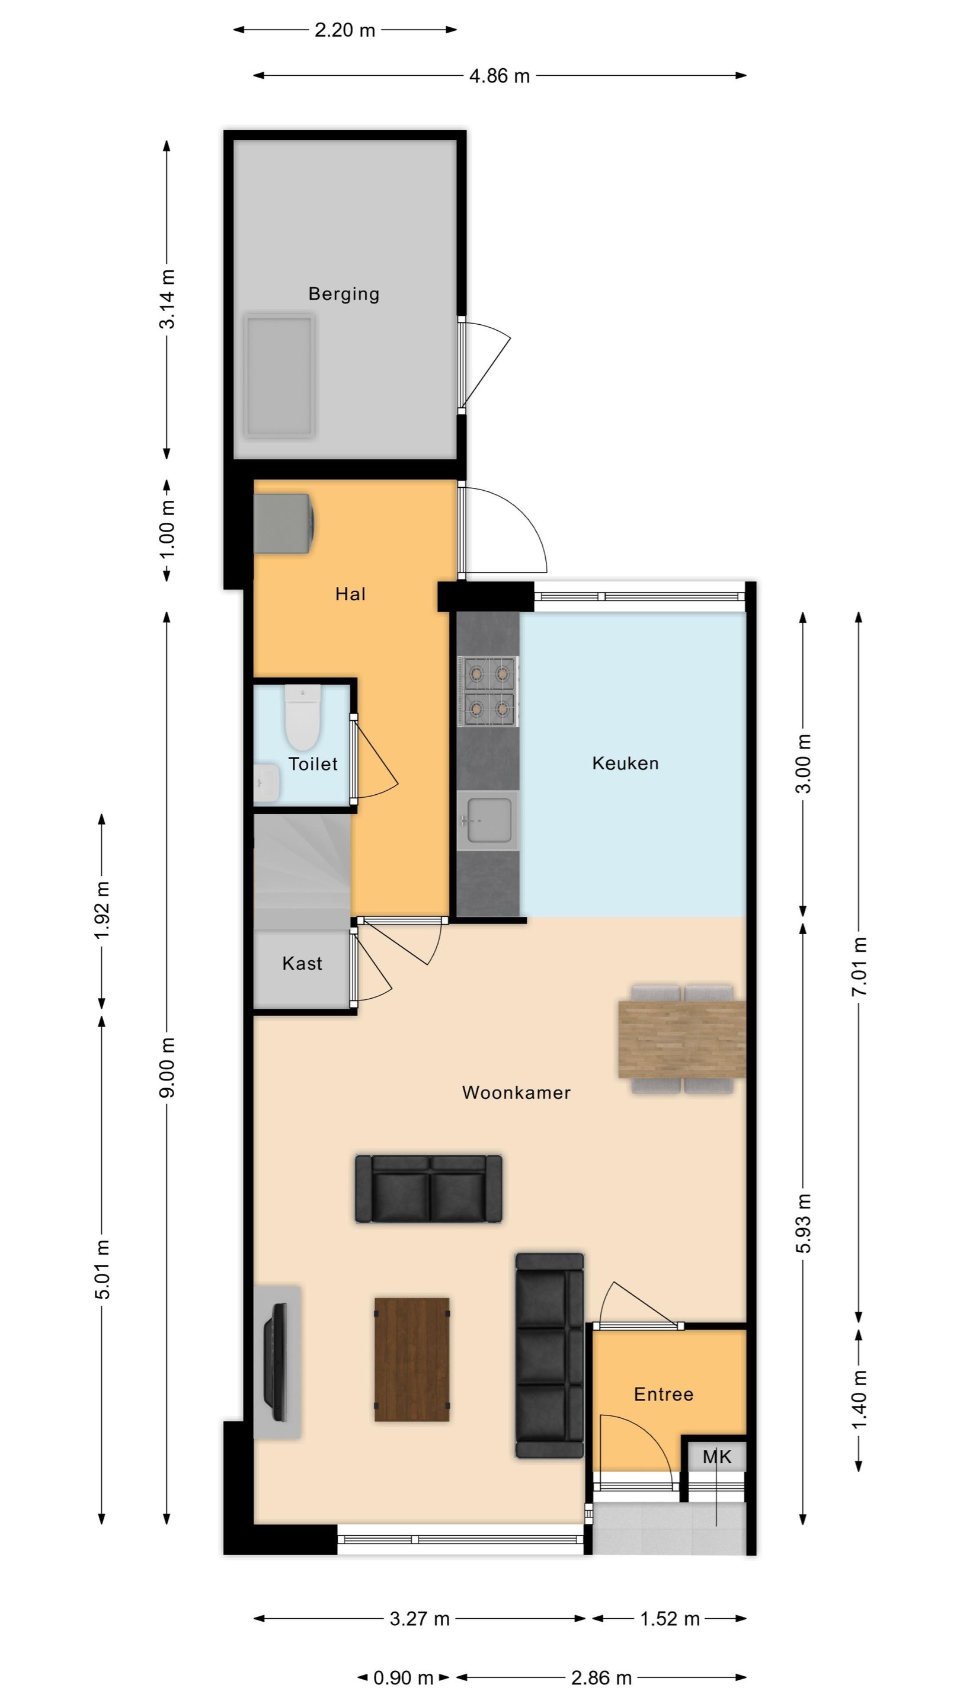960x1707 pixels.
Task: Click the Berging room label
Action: click(x=344, y=293)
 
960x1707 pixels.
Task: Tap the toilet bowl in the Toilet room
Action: click(x=303, y=717)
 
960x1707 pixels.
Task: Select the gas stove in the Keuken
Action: click(x=488, y=692)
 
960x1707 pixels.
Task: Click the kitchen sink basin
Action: click(x=488, y=820)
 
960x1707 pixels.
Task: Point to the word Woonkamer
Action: click(x=516, y=1093)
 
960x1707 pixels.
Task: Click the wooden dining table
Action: click(x=681, y=1039)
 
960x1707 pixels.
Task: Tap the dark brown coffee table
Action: click(x=412, y=1360)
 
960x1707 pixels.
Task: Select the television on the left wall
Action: click(x=276, y=1363)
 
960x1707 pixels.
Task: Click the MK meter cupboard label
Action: click(x=717, y=1456)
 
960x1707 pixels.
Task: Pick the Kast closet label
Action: click(x=302, y=964)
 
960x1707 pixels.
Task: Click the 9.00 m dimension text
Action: click(x=167, y=1067)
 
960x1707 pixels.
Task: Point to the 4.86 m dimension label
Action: click(x=500, y=76)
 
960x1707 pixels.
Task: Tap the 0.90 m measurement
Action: click(x=403, y=1678)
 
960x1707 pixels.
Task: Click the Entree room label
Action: click(x=664, y=1394)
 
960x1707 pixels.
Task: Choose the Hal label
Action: click(x=350, y=594)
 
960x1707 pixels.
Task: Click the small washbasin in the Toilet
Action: click(x=266, y=782)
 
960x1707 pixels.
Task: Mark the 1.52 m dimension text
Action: click(x=670, y=1619)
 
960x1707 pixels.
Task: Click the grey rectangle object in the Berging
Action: click(x=279, y=376)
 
